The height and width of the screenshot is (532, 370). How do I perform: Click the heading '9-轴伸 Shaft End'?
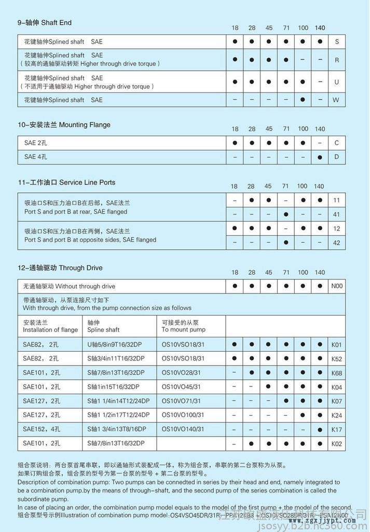(45, 23)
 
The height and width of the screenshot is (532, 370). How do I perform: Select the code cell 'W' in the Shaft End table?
(337, 100)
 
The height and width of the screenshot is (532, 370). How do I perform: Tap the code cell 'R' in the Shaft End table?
(337, 60)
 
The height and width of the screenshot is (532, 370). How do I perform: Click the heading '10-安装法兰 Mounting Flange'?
(64, 125)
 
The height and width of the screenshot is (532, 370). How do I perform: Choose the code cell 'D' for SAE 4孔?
(337, 156)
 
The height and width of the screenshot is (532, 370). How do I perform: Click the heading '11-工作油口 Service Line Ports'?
(66, 182)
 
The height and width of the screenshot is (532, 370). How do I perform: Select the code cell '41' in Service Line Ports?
(337, 214)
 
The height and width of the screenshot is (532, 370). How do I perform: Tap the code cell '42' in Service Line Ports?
(337, 242)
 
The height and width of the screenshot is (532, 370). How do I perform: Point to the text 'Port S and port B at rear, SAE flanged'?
(76, 212)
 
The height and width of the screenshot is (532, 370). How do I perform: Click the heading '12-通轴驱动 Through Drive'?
(60, 268)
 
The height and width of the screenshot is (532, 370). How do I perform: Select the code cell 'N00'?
(337, 286)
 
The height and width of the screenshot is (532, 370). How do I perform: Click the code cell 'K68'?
(337, 373)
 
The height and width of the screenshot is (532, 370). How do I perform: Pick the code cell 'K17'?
(337, 429)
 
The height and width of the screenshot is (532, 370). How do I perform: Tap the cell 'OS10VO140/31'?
(183, 429)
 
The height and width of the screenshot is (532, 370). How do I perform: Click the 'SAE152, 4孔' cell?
(42, 429)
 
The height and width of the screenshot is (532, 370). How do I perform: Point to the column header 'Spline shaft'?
(103, 330)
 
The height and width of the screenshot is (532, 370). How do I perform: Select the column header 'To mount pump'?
(183, 330)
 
